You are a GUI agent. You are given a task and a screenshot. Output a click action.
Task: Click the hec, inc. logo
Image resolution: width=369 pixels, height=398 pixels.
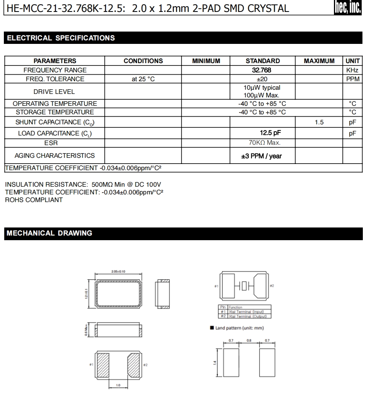tap(348, 8)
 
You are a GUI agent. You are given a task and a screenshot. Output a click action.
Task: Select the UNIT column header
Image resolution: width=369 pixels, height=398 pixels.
tap(352, 61)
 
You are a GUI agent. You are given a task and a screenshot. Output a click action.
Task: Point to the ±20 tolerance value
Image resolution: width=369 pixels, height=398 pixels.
tap(262, 79)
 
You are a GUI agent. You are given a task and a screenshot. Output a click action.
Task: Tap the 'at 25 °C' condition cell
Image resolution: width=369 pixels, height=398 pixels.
tap(143, 79)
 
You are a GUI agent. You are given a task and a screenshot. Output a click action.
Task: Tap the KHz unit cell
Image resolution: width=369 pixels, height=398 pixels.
tap(352, 70)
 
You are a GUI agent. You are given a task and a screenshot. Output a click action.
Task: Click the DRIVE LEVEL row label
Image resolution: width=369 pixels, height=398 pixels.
tap(54, 92)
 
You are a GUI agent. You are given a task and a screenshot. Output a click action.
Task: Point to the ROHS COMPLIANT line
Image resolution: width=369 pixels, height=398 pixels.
tap(34, 200)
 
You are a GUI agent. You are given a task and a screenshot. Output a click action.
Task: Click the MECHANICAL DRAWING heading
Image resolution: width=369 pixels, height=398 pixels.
tap(50, 233)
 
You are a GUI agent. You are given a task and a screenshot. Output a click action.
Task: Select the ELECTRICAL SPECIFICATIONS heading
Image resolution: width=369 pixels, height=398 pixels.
tap(61, 38)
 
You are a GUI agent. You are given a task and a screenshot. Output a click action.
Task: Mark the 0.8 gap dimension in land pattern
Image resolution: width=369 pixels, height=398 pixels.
tap(249, 340)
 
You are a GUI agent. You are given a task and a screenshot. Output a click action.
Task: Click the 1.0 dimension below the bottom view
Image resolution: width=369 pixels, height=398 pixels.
tap(118, 385)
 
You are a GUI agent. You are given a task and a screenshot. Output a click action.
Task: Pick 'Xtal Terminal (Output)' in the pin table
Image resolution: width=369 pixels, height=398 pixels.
tap(249, 316)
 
